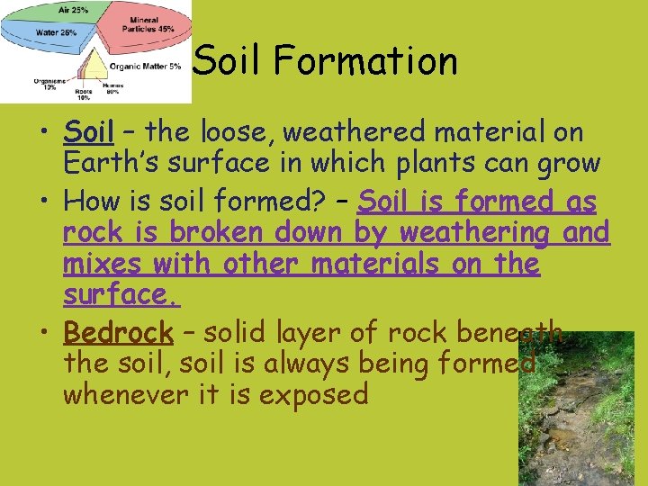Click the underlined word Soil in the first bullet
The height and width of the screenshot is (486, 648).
point(88,132)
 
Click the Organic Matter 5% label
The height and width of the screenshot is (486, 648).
point(145,66)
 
